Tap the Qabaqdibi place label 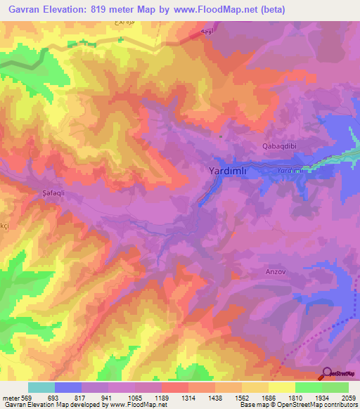pos(276,147)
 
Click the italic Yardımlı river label pos(290,170)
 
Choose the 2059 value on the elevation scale pos(349,397)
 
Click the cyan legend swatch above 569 pos(41,387)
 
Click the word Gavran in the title pos(25,9)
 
